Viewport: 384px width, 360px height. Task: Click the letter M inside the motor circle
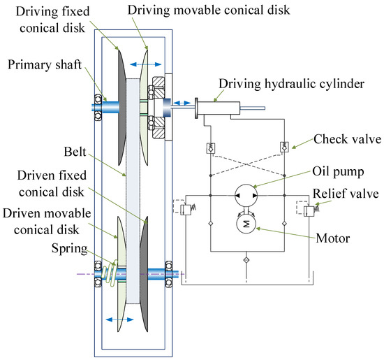pos(246,224)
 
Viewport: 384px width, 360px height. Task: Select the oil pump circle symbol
pos(246,196)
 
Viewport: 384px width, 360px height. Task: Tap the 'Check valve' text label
pos(347,139)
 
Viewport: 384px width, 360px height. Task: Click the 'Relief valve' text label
pos(346,194)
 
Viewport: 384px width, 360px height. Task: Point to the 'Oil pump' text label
pos(338,172)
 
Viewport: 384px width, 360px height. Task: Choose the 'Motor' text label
pos(333,238)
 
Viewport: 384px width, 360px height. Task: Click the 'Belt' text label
pos(75,152)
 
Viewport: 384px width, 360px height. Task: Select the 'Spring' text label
pos(69,249)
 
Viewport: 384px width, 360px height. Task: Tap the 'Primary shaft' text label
pos(45,65)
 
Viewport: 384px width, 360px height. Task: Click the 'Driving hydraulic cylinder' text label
pos(291,84)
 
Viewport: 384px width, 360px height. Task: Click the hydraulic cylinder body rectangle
pos(219,108)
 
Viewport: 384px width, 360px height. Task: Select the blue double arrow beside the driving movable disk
pos(145,64)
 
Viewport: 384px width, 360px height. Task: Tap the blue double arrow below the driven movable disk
pos(119,319)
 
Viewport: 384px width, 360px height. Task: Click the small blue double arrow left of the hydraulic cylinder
pos(182,103)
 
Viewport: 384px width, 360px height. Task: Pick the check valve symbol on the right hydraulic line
pos(284,147)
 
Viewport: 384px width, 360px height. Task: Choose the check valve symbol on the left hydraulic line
pos(211,148)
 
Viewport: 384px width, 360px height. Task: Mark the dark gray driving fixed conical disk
pos(122,107)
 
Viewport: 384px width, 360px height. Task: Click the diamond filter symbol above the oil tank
pos(246,260)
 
